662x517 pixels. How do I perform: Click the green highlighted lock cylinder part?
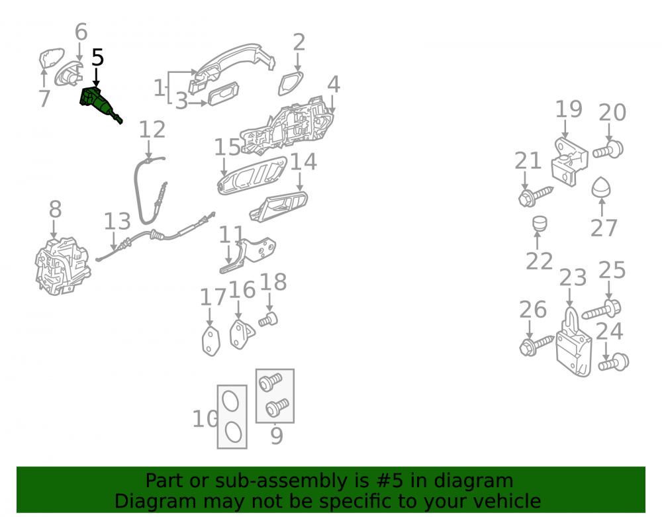coord(99,104)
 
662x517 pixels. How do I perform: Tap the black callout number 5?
coord(97,58)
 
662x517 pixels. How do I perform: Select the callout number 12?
coord(152,130)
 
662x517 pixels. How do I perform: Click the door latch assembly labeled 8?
coord(62,266)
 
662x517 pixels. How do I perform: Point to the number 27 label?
coord(604,228)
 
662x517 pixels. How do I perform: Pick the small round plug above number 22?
coord(539,223)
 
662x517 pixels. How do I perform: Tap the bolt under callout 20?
coord(608,150)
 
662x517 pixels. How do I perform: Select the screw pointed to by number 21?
coord(535,197)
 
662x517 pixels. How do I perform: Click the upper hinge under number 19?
coord(569,162)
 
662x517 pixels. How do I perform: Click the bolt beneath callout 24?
coord(614,363)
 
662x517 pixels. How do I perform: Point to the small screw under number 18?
coord(268,320)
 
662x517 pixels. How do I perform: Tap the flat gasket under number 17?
coord(211,341)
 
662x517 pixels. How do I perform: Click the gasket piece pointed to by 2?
coord(291,83)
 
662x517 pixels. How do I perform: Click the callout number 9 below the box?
coord(276,436)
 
